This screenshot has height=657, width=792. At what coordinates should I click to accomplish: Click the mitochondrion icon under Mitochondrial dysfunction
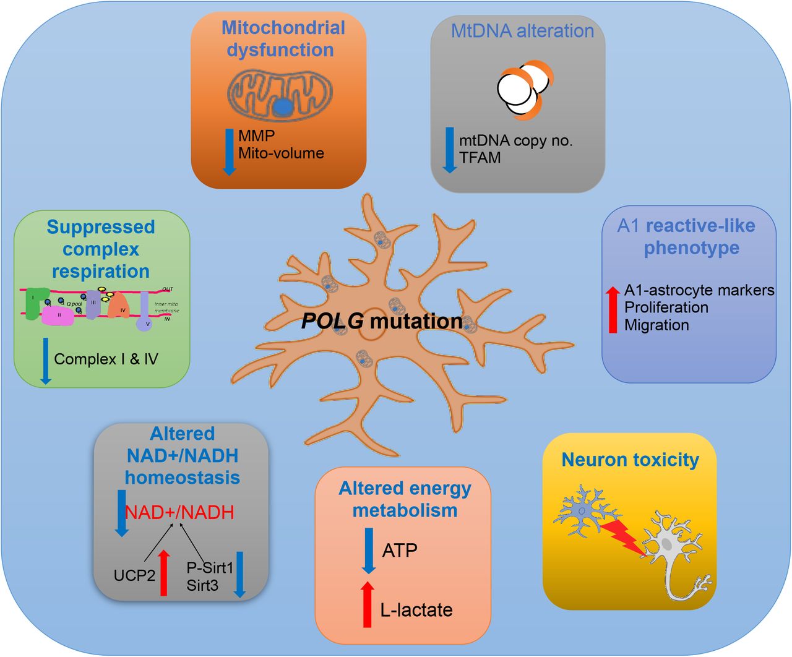pyautogui.click(x=280, y=95)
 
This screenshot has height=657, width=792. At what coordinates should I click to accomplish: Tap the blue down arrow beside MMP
pyautogui.click(x=229, y=151)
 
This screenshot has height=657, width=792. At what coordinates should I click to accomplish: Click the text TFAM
pyautogui.click(x=480, y=158)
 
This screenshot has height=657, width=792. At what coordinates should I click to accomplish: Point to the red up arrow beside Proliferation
pyautogui.click(x=613, y=309)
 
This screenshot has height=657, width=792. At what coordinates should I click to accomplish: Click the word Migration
pyautogui.click(x=656, y=325)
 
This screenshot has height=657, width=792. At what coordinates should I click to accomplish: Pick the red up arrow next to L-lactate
pyautogui.click(x=368, y=604)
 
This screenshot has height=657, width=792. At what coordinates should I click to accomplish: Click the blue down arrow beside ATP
pyautogui.click(x=369, y=550)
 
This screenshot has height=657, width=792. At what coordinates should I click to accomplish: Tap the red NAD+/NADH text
pyautogui.click(x=180, y=512)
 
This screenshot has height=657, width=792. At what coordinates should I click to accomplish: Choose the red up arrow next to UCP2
pyautogui.click(x=164, y=572)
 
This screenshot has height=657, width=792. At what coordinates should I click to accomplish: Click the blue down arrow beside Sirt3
pyautogui.click(x=240, y=574)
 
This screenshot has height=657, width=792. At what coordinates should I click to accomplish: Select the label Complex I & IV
pyautogui.click(x=106, y=359)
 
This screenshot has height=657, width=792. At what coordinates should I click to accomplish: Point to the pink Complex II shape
pyautogui.click(x=58, y=316)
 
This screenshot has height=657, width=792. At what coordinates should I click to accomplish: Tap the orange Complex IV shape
pyautogui.click(x=119, y=306)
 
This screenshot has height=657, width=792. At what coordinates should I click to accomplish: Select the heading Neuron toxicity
pyautogui.click(x=630, y=460)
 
